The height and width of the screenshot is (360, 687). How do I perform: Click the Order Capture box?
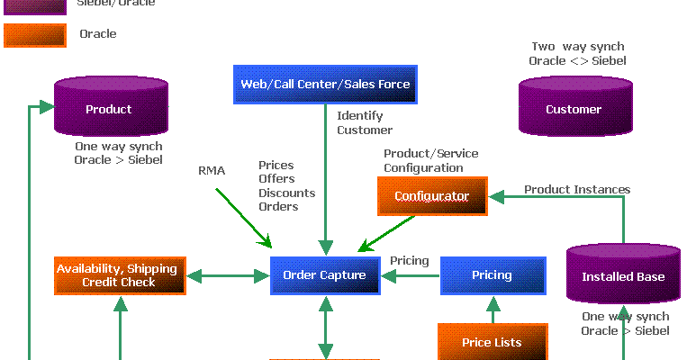[324, 275]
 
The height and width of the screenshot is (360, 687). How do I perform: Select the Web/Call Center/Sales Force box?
[324, 85]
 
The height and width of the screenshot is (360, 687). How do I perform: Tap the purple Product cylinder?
[108, 108]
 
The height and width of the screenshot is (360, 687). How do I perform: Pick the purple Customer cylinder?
[573, 108]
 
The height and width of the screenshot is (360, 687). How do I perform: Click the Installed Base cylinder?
[623, 274]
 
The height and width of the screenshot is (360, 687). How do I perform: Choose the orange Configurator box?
[432, 196]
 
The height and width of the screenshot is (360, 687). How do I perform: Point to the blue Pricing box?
[492, 275]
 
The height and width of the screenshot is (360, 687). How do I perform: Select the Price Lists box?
[492, 342]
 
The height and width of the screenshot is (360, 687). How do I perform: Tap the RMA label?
[212, 171]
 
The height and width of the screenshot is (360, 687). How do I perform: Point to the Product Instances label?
[577, 190]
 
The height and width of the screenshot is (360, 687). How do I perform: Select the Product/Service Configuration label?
[430, 161]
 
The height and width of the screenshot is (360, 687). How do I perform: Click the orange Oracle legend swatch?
[35, 35]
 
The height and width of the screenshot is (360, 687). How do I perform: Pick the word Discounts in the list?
[286, 193]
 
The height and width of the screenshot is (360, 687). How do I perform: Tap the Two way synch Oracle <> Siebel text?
[577, 54]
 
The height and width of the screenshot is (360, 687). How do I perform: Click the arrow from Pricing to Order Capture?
[415, 275]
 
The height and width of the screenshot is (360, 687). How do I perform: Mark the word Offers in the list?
[276, 180]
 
